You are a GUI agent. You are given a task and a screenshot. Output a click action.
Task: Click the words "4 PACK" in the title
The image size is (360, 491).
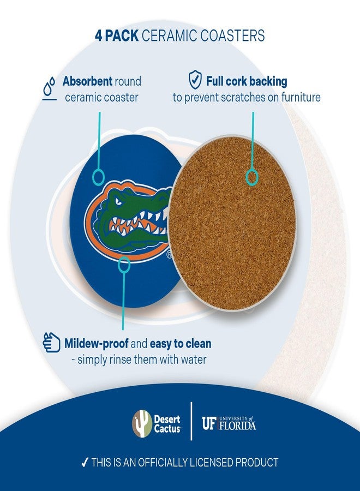(x=117, y=36)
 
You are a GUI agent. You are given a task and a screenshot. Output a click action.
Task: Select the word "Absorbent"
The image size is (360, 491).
(x=87, y=81)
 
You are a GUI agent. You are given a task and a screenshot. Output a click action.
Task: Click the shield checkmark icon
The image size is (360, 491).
(x=195, y=81)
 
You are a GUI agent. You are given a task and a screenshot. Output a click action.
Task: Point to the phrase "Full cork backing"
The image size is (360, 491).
(x=247, y=82)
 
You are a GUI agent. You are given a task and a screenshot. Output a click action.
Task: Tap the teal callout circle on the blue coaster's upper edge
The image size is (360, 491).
(x=99, y=176)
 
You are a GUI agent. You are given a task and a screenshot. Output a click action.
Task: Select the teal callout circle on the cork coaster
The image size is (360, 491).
(x=252, y=177)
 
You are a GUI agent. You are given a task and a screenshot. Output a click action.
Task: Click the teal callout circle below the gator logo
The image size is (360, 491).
(x=124, y=266)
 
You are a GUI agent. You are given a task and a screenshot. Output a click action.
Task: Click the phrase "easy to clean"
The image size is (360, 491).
(x=181, y=344)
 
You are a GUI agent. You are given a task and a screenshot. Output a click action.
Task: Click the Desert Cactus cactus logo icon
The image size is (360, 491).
(x=142, y=423)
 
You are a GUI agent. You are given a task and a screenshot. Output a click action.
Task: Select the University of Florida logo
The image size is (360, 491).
(x=229, y=423)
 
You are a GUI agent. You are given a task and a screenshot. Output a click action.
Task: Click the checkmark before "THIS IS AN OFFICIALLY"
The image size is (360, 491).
(x=85, y=463)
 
